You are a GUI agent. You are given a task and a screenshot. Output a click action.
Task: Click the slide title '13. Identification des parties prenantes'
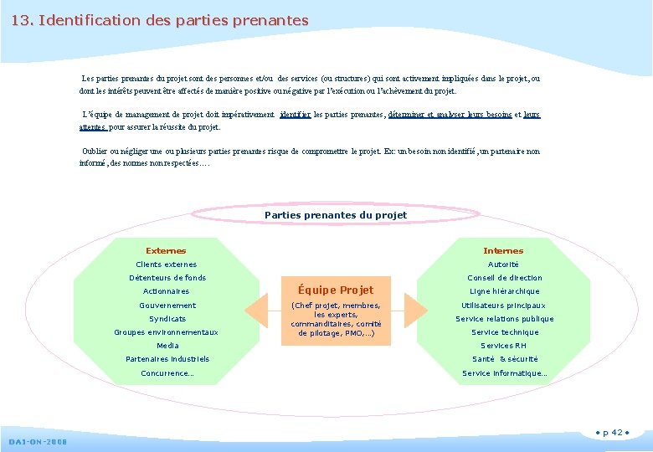pos(160,19)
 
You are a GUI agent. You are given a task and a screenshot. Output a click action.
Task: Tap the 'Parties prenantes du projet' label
pos(336,215)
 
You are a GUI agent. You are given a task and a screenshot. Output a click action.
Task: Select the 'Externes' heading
pos(166,250)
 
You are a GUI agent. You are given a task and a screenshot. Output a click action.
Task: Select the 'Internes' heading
pos(503,250)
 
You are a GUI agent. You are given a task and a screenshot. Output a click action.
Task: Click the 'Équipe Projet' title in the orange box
pos(336,290)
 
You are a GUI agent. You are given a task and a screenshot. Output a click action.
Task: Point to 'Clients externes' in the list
pos(167,265)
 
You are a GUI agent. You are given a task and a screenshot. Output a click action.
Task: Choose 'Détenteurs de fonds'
pos(167,278)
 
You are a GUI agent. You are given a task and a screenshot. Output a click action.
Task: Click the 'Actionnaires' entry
pos(166,291)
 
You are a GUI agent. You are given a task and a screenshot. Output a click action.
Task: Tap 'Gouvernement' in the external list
pos(167,306)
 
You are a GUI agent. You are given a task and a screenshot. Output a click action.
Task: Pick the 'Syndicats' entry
pos(167,319)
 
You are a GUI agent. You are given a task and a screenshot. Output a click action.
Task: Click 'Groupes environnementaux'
pos(166,332)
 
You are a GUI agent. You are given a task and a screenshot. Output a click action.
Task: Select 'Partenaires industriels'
pos(167,359)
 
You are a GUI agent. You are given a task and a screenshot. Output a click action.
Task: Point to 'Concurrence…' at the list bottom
pos(167,373)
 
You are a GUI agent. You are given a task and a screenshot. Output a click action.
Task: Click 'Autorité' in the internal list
pos(504,265)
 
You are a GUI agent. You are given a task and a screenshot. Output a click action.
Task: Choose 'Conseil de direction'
pos(505,278)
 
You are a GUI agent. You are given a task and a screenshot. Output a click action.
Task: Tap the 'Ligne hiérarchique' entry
pos(505,291)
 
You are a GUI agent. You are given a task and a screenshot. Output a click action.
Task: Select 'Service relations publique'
pos(505,319)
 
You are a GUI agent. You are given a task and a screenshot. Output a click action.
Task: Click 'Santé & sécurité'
pos(505,359)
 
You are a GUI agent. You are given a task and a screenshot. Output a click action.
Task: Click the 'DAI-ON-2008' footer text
pos(39,441)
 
